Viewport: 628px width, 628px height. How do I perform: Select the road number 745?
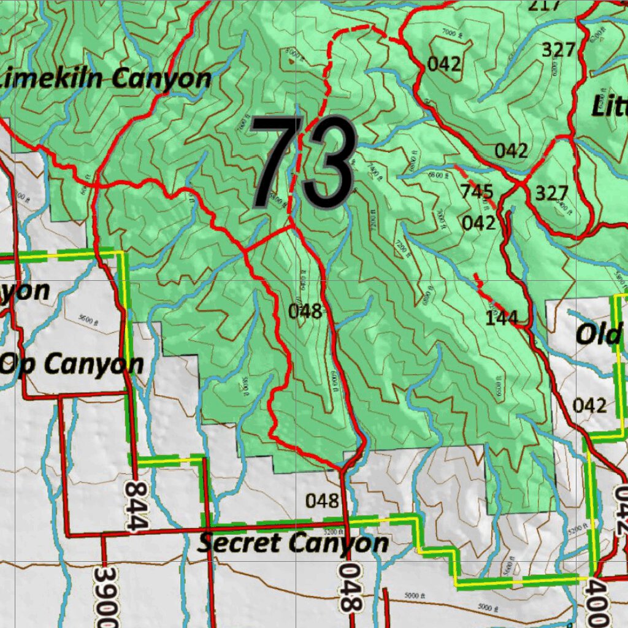coord(477,192)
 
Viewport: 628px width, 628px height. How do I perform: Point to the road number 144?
coord(502,318)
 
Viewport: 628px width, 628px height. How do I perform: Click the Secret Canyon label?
coord(293,543)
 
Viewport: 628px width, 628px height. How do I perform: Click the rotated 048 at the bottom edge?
coord(348,588)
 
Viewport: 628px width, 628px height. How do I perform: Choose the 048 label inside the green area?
coord(305,312)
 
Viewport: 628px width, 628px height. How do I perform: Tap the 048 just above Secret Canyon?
coord(322,501)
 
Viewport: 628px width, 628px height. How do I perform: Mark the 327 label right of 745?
coord(553,194)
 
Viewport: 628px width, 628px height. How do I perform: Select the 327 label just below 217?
coord(558,50)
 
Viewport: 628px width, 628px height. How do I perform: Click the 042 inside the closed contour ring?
coord(444,64)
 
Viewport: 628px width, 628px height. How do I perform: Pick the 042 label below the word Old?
coord(590,405)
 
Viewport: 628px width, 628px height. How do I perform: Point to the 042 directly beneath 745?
coord(478,223)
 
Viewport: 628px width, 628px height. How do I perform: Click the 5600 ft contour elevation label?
coord(90,319)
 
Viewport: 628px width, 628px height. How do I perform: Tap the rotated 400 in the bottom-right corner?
coord(599,603)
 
